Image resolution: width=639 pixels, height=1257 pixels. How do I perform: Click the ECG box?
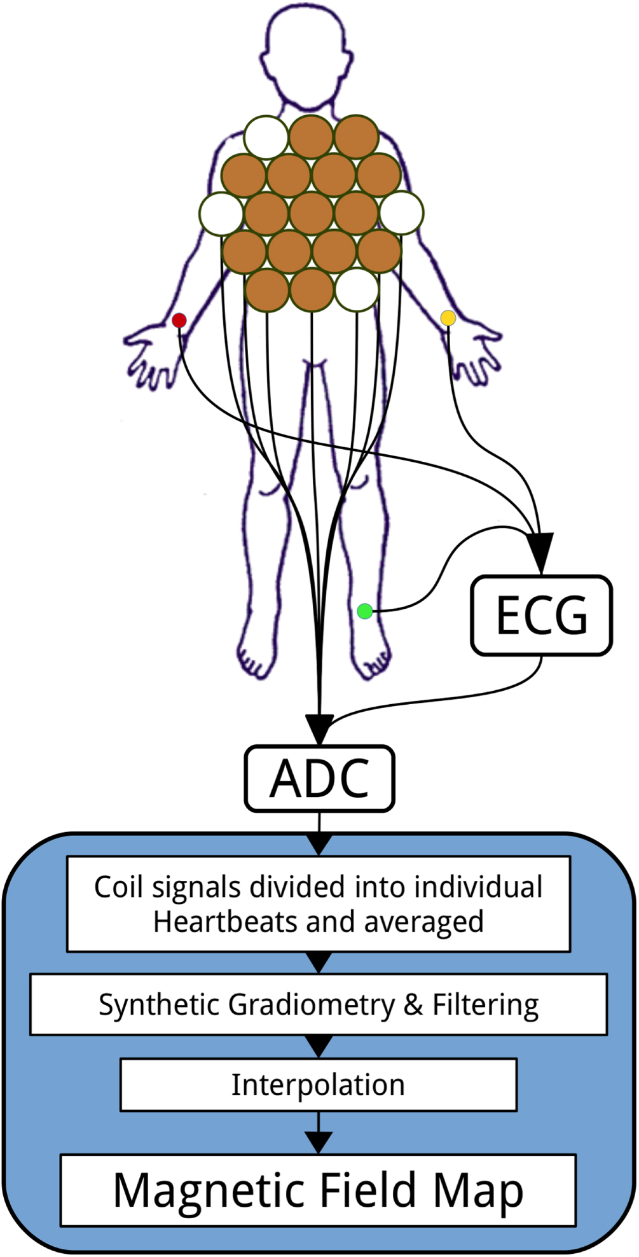click(x=541, y=615)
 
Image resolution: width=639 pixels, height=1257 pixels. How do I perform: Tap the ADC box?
click(x=319, y=778)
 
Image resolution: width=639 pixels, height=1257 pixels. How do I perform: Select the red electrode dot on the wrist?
click(x=179, y=320)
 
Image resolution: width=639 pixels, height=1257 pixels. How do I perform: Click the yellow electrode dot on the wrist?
click(x=448, y=317)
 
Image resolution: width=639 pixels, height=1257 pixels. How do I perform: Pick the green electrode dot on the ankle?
click(x=364, y=611)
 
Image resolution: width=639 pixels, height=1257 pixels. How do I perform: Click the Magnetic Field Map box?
click(x=318, y=1190)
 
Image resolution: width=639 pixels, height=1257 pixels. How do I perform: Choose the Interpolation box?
click(x=318, y=1085)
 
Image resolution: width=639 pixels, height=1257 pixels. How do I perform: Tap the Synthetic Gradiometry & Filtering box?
click(x=318, y=1004)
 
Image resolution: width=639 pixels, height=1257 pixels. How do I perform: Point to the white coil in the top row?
click(x=266, y=137)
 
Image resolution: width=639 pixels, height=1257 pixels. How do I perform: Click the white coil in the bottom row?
click(x=357, y=289)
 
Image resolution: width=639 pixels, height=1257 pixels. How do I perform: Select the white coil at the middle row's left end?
click(x=221, y=213)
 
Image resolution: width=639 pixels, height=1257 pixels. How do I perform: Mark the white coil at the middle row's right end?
click(x=402, y=213)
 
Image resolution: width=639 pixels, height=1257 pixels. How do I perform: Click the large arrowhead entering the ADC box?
click(x=319, y=728)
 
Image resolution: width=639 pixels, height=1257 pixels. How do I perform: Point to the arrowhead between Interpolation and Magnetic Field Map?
click(x=319, y=1142)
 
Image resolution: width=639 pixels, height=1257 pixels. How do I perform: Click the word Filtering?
click(x=486, y=1004)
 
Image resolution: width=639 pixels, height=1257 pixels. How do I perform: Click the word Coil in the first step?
click(x=118, y=887)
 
